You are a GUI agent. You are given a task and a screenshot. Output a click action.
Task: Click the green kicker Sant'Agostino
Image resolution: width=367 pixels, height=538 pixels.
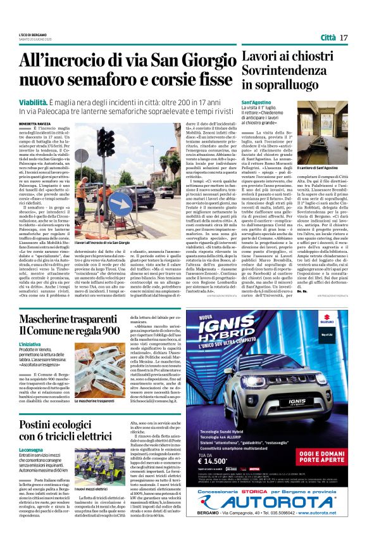256,101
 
